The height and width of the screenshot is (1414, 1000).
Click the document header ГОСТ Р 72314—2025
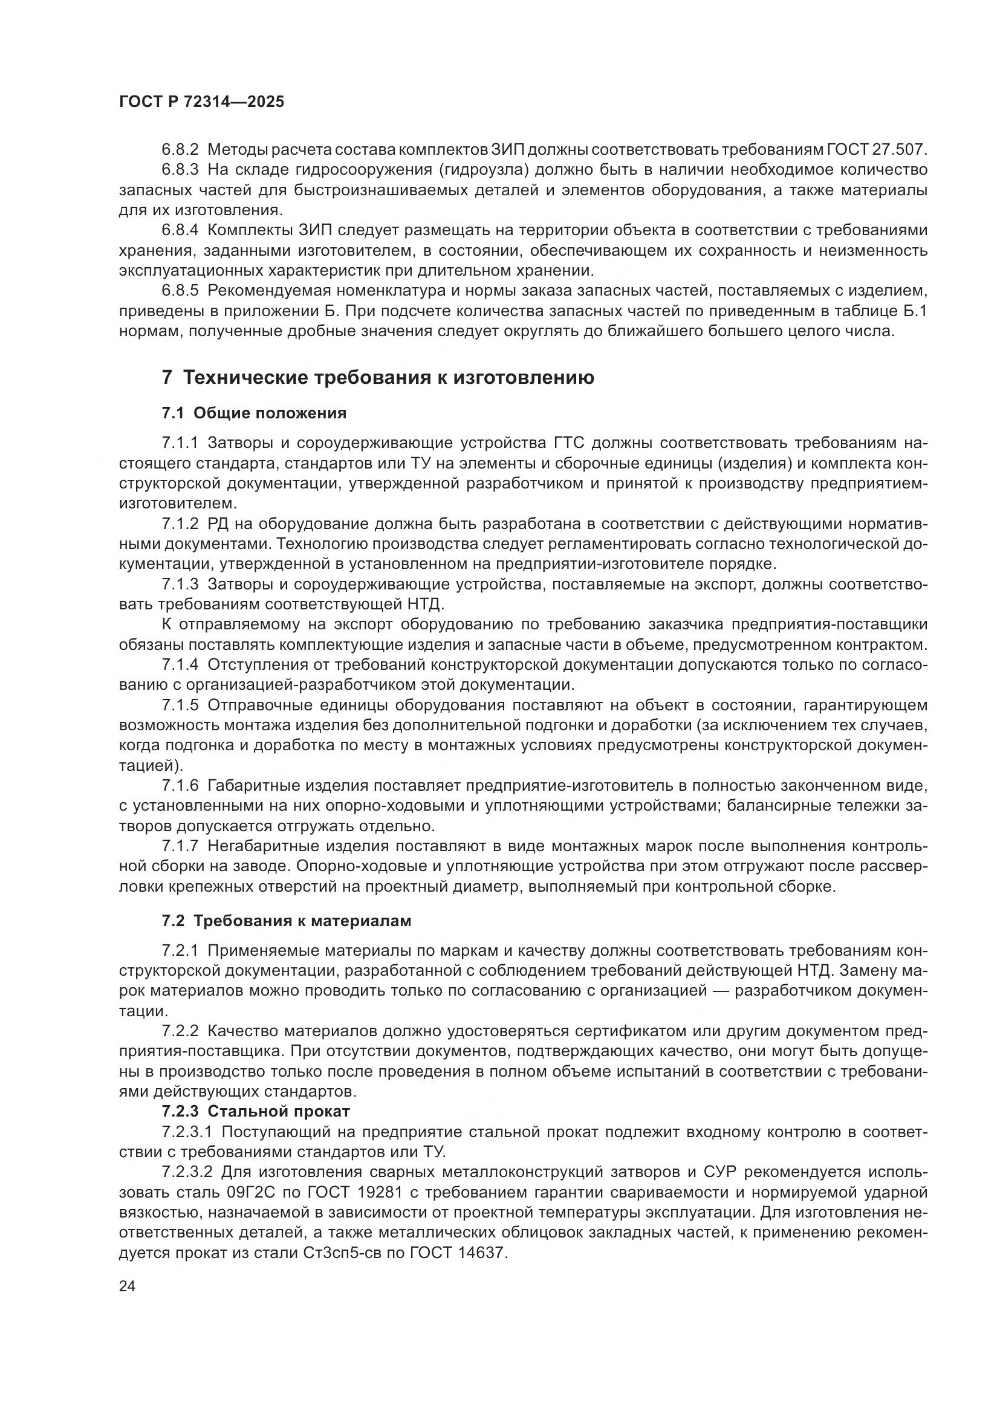point(201,102)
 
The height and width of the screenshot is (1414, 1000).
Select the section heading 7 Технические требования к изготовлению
point(378,377)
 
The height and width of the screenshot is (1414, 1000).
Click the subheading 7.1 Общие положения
point(255,413)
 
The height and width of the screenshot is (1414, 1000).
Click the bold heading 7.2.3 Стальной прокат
point(256,1111)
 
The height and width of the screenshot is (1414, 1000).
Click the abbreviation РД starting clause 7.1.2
point(219,524)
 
